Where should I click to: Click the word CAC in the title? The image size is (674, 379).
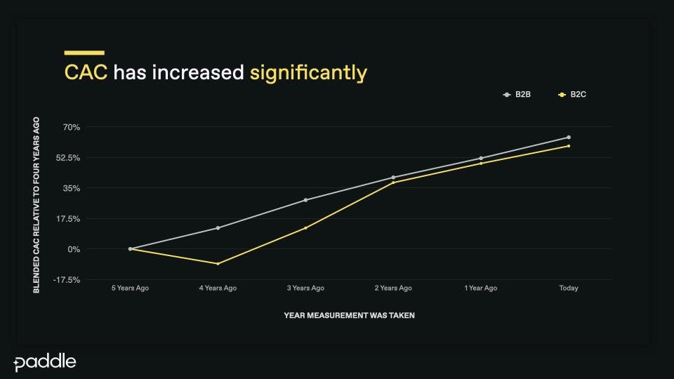pyautogui.click(x=86, y=72)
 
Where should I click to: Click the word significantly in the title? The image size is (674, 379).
pyautogui.click(x=308, y=73)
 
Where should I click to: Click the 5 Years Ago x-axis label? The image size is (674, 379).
pyautogui.click(x=131, y=288)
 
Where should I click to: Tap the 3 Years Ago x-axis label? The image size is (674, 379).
pyautogui.click(x=305, y=288)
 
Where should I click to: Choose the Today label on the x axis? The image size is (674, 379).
pyautogui.click(x=569, y=288)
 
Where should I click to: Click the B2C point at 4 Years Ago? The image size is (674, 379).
pyautogui.click(x=218, y=264)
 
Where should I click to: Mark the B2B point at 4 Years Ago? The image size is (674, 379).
pyautogui.click(x=218, y=228)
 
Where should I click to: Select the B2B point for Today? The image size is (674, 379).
pyautogui.click(x=569, y=138)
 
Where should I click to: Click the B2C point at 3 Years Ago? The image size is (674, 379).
pyautogui.click(x=305, y=228)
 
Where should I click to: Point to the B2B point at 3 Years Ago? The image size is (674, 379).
pyautogui.click(x=305, y=200)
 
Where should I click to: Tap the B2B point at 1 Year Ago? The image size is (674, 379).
pyautogui.click(x=481, y=159)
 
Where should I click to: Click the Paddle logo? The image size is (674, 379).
pyautogui.click(x=45, y=362)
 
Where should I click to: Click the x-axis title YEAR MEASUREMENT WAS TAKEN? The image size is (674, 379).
pyautogui.click(x=349, y=316)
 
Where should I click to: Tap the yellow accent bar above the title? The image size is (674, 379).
pyautogui.click(x=84, y=53)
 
